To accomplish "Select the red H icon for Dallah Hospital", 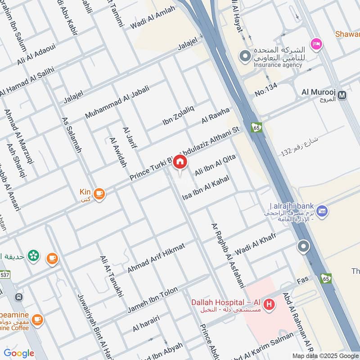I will [x=269, y=305].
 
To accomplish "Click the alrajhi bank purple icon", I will [x=322, y=210].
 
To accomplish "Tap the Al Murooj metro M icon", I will [x=342, y=95].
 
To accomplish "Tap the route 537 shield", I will [x=5, y=274].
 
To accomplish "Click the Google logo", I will [x=19, y=353].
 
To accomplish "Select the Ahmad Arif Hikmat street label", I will [x=156, y=258].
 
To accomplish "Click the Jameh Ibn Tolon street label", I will [x=153, y=300].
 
